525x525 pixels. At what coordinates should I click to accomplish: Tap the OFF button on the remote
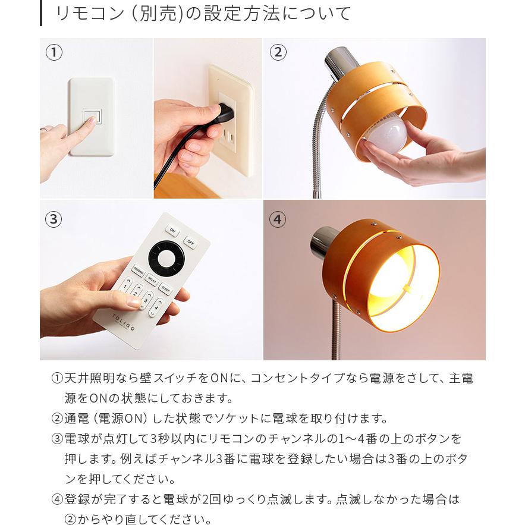tap(190, 242)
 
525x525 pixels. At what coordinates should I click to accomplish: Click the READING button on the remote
tap(139, 273)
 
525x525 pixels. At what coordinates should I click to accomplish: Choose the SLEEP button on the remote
tap(165, 290)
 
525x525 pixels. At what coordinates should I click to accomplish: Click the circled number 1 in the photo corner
tap(54, 52)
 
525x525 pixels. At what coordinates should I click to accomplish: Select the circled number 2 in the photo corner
tap(277, 52)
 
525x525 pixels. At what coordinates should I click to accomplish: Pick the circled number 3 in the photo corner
tap(54, 219)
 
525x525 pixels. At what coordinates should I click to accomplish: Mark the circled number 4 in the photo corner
tap(277, 219)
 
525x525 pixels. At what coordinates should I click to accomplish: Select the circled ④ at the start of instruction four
tap(57, 499)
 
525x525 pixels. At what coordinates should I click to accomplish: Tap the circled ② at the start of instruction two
tap(57, 419)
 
